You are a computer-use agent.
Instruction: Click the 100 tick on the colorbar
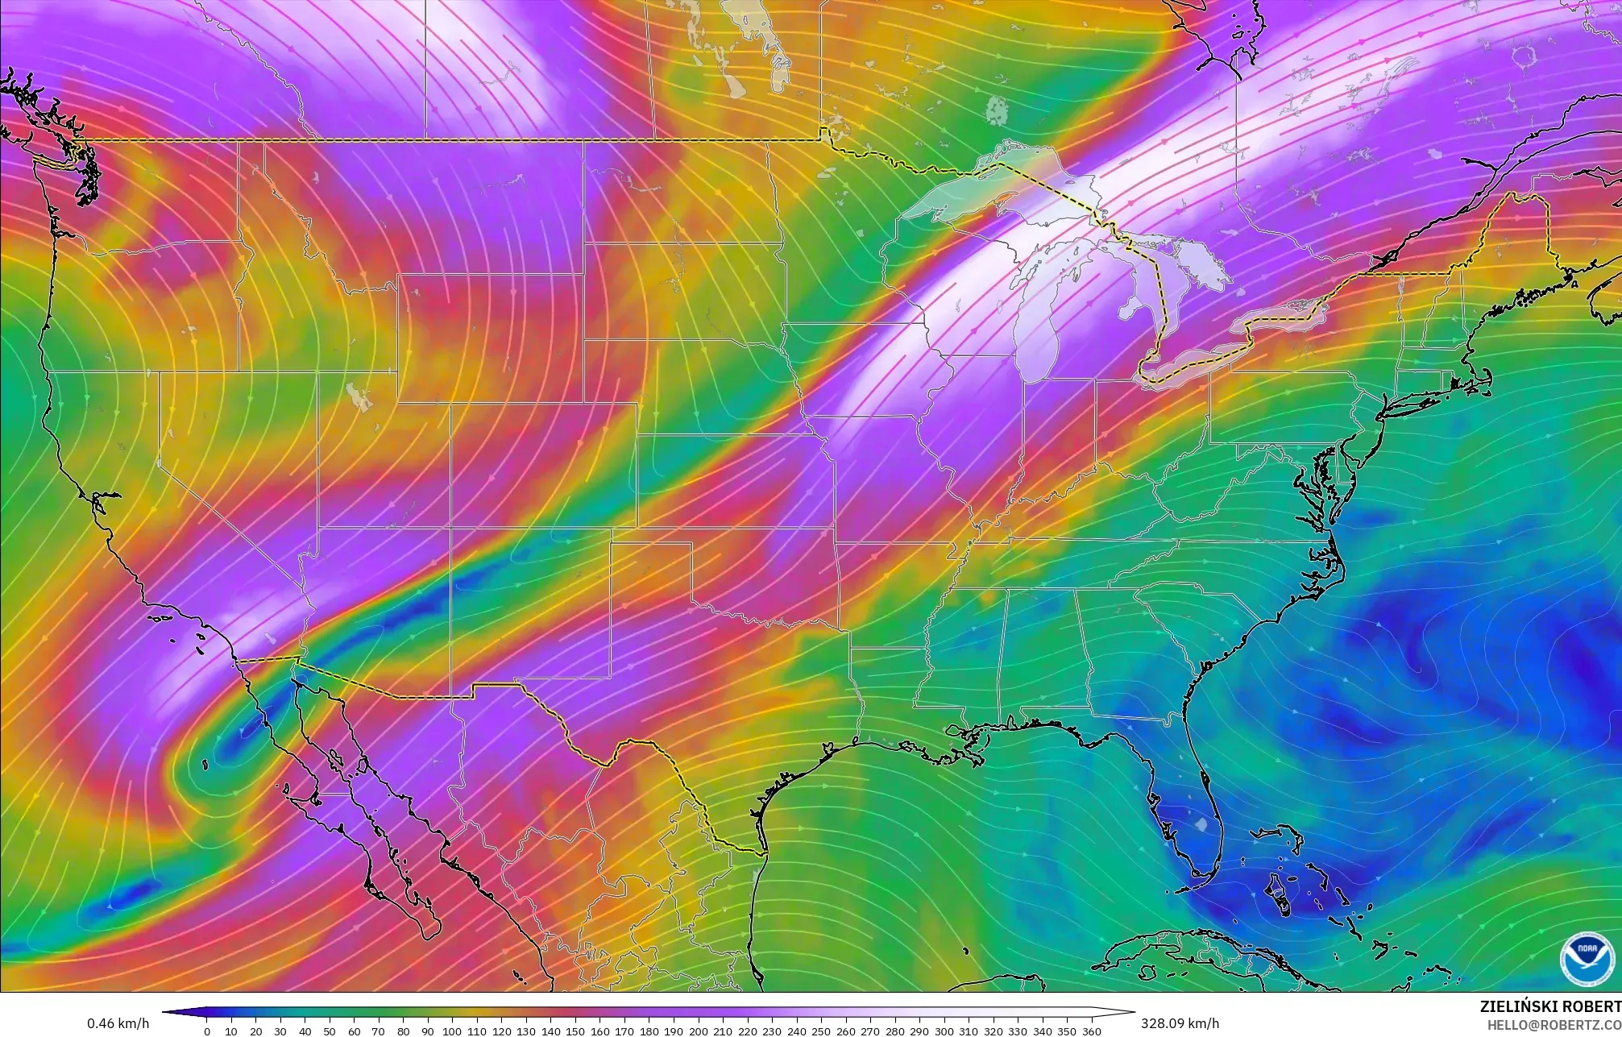click(x=452, y=1031)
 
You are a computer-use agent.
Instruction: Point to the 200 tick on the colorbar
click(x=698, y=1031)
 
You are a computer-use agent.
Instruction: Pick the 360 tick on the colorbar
click(x=1091, y=1031)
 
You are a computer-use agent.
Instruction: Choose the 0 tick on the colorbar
click(x=207, y=1031)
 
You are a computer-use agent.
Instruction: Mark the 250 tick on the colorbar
click(x=821, y=1031)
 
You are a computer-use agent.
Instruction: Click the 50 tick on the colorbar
click(x=330, y=1031)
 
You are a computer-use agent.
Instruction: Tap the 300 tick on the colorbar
click(x=944, y=1031)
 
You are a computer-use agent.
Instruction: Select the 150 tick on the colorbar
click(x=575, y=1031)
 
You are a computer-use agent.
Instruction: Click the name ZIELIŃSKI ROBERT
click(x=1550, y=1006)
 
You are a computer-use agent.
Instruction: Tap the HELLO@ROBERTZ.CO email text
click(x=1554, y=1024)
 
